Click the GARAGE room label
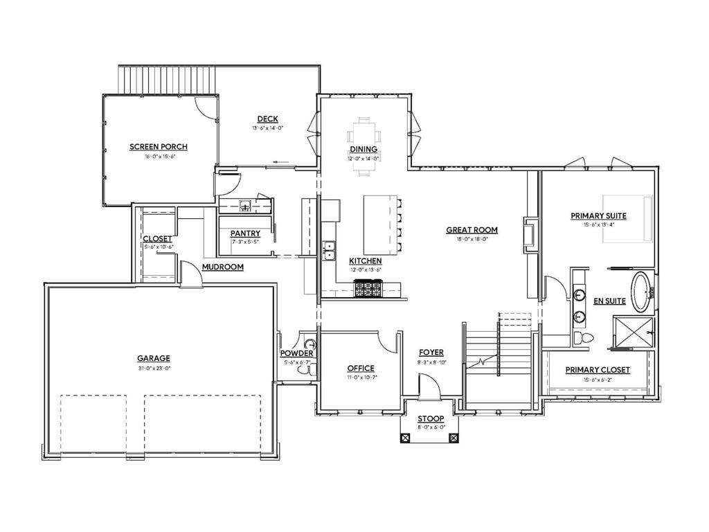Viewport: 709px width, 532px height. pos(153,358)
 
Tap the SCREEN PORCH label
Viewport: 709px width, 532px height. pos(158,147)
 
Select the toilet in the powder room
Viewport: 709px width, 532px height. pos(304,371)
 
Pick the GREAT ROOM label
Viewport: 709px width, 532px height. pos(472,230)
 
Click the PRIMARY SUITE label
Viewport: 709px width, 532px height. pos(598,215)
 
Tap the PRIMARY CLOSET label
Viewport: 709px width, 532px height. pos(598,370)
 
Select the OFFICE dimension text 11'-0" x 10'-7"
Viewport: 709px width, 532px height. pos(360,378)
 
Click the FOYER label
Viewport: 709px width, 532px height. pos(431,353)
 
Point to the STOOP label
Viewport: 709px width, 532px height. pos(430,419)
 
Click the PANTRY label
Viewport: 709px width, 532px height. pos(245,233)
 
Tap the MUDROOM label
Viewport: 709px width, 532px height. pos(222,267)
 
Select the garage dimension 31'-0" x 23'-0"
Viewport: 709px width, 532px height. pos(153,368)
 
